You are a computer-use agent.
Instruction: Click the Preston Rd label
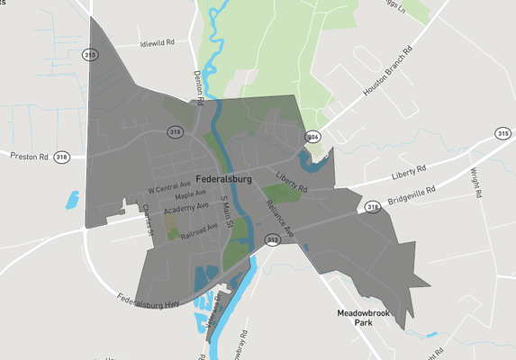pyautogui.click(x=29, y=156)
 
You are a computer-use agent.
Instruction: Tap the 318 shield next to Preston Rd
pyautogui.click(x=61, y=156)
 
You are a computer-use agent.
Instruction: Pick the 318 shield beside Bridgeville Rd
pyautogui.click(x=373, y=207)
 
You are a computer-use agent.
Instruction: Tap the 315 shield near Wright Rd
pyautogui.click(x=503, y=133)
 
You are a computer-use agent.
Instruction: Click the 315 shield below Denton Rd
pyautogui.click(x=175, y=132)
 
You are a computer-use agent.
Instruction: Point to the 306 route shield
pyautogui.click(x=312, y=136)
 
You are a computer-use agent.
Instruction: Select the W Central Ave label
pyautogui.click(x=169, y=188)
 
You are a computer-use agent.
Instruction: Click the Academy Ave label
pyautogui.click(x=186, y=206)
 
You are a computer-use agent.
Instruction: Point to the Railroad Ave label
pyautogui.click(x=199, y=230)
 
